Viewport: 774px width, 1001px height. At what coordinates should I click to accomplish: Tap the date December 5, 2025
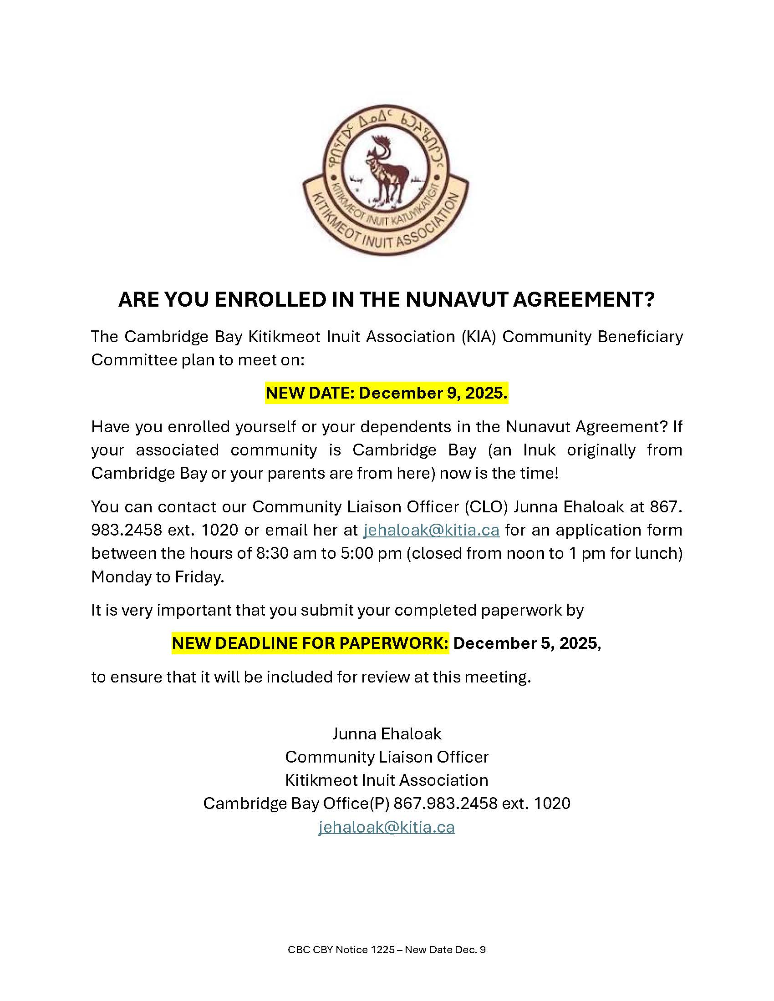526,643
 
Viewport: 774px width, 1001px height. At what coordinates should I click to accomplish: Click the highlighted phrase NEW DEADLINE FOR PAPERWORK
311,643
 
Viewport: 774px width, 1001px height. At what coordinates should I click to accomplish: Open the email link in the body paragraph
431,530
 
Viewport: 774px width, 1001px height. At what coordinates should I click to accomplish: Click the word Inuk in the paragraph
539,450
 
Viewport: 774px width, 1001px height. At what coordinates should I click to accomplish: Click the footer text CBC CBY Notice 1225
341,950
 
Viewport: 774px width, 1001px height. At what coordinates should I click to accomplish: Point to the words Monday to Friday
157,576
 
